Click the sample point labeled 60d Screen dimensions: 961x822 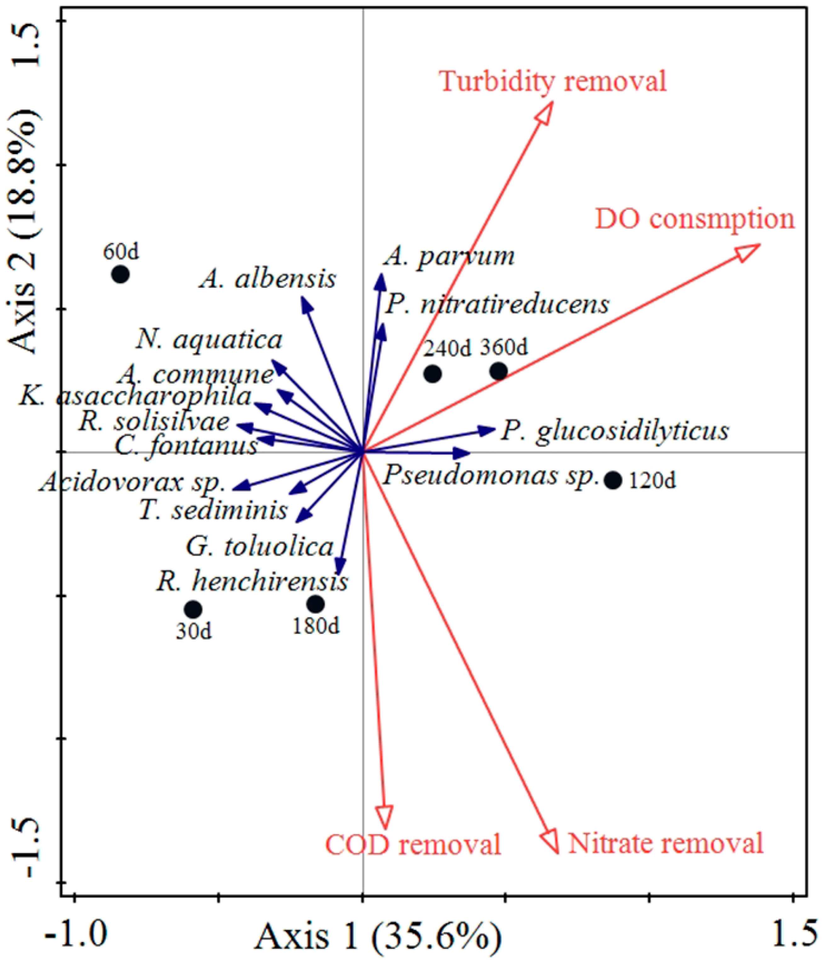click(x=120, y=274)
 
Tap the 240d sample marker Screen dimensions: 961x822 click(x=432, y=373)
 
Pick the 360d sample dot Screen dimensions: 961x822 click(x=498, y=371)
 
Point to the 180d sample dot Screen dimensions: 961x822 click(x=316, y=604)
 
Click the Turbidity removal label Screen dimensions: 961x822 click(x=553, y=82)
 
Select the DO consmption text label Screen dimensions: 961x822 click(x=694, y=219)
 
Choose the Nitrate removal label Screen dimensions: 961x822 click(x=665, y=842)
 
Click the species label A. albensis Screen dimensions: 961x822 click(x=267, y=279)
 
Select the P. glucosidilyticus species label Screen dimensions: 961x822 click(x=614, y=431)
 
